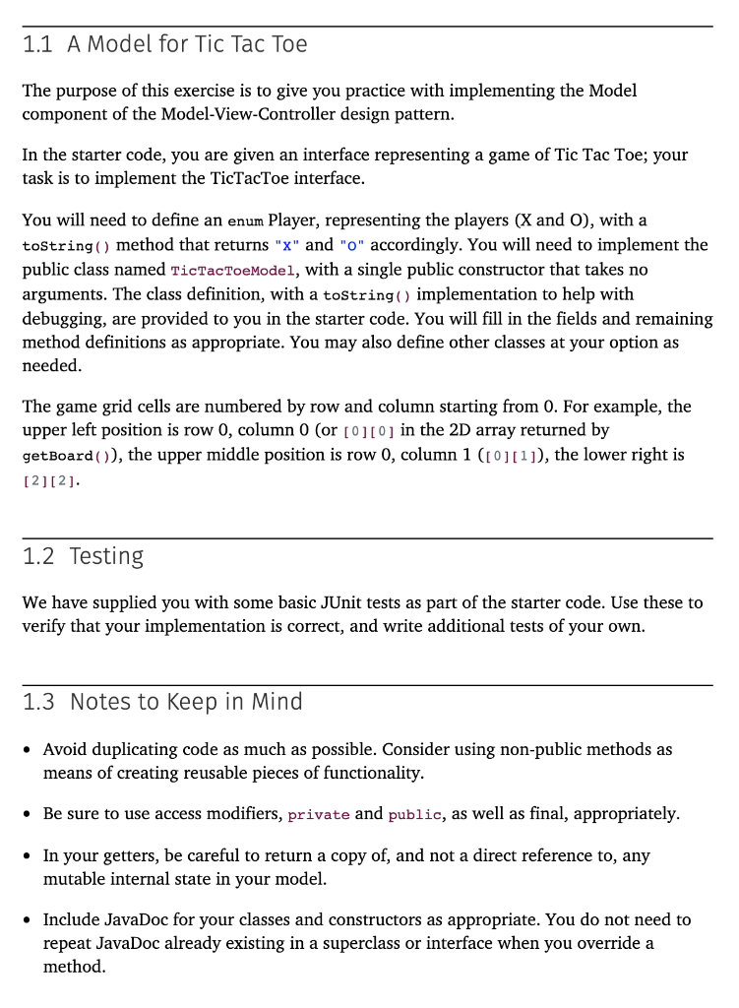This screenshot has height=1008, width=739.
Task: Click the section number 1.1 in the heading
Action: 38,44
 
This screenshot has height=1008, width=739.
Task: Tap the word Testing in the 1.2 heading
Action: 106,556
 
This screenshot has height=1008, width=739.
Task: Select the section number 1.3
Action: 38,702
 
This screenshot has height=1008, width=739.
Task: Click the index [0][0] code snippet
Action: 369,431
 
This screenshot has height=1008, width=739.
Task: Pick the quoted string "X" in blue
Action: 290,245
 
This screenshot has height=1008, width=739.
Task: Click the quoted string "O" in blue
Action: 352,245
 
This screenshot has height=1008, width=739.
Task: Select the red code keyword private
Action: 319,815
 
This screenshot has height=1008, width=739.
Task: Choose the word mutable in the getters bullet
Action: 76,879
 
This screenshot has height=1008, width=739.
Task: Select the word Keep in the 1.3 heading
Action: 199,702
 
